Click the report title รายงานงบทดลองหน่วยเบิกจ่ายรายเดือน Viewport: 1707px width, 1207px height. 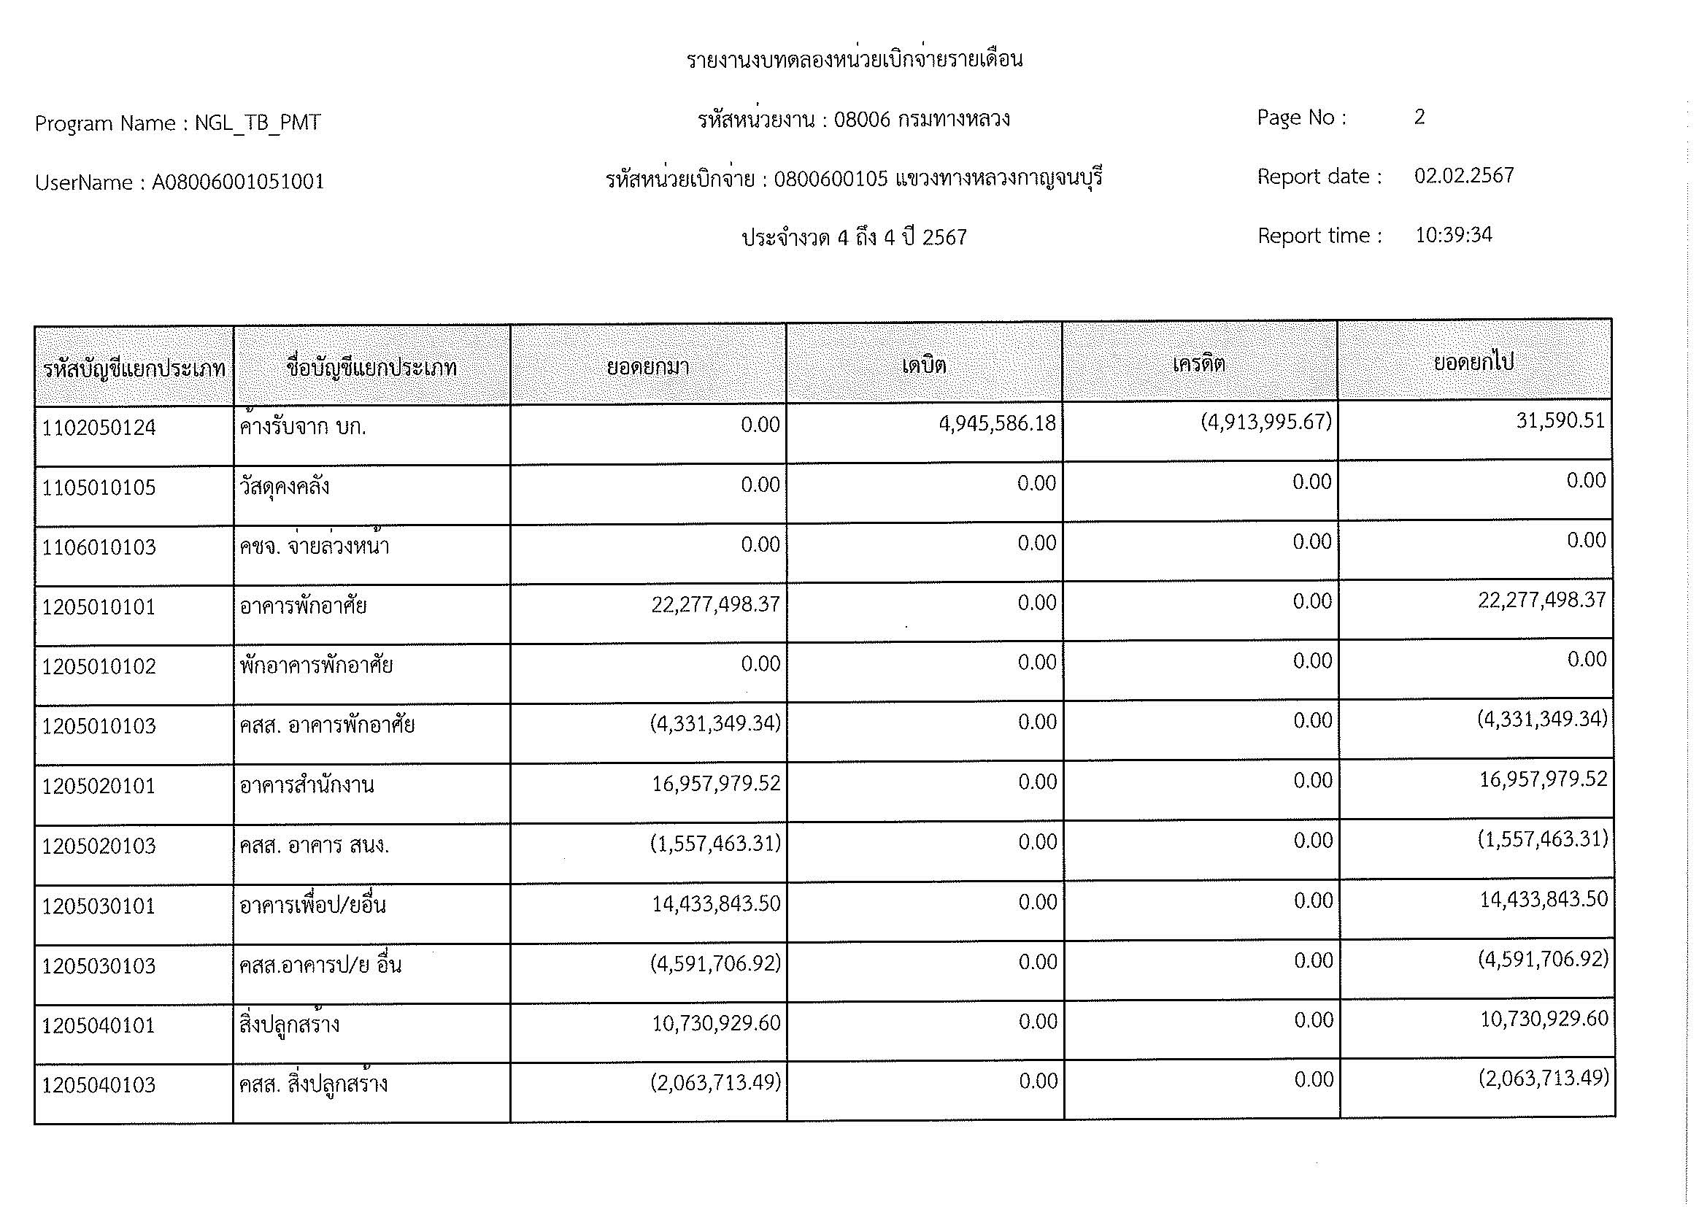[855, 60]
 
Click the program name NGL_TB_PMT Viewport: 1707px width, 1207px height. [257, 123]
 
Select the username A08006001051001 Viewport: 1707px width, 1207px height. [238, 183]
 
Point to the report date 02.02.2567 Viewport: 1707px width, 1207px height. [1463, 176]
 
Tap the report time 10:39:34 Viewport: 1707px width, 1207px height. [1453, 236]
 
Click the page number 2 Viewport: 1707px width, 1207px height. [1419, 117]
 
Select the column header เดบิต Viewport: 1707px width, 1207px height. [923, 365]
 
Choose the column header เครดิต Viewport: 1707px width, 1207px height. [1198, 364]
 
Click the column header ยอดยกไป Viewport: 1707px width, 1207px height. [1473, 363]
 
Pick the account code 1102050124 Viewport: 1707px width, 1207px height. [99, 428]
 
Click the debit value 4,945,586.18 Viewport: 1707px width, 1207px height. [997, 425]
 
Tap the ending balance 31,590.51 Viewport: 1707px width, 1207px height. [1560, 421]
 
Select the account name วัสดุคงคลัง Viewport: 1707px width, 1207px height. [285, 487]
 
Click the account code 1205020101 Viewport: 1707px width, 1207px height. [99, 787]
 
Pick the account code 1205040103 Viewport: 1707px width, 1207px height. [99, 1086]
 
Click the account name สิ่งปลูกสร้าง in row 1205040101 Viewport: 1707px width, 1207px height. [289, 1025]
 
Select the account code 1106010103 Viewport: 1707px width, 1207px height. [99, 548]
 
